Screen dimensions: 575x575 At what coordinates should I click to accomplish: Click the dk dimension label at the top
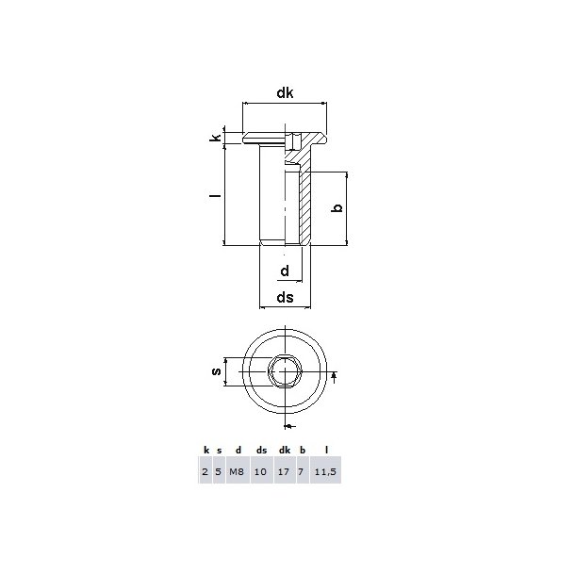pos(285,92)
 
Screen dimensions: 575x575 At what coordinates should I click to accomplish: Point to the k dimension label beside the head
pos(216,138)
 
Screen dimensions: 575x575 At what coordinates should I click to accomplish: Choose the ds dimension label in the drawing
pos(285,298)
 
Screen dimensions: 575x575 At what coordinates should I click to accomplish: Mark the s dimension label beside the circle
pos(216,374)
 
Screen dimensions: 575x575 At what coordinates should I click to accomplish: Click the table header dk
pos(284,451)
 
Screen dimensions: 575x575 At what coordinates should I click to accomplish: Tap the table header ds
pos(261,451)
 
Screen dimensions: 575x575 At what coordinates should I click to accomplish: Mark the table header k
pos(205,451)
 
